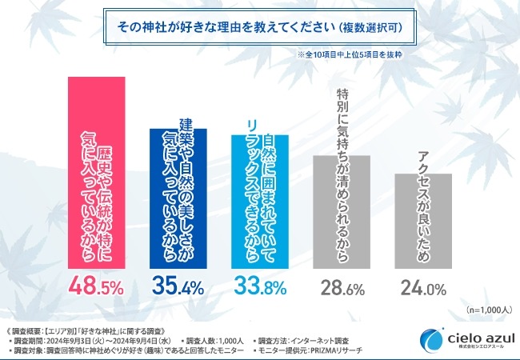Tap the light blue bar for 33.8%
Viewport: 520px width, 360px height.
coord(259,200)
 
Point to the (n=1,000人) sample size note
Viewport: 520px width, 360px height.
coord(485,310)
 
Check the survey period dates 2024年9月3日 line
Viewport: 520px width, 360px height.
coord(96,339)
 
